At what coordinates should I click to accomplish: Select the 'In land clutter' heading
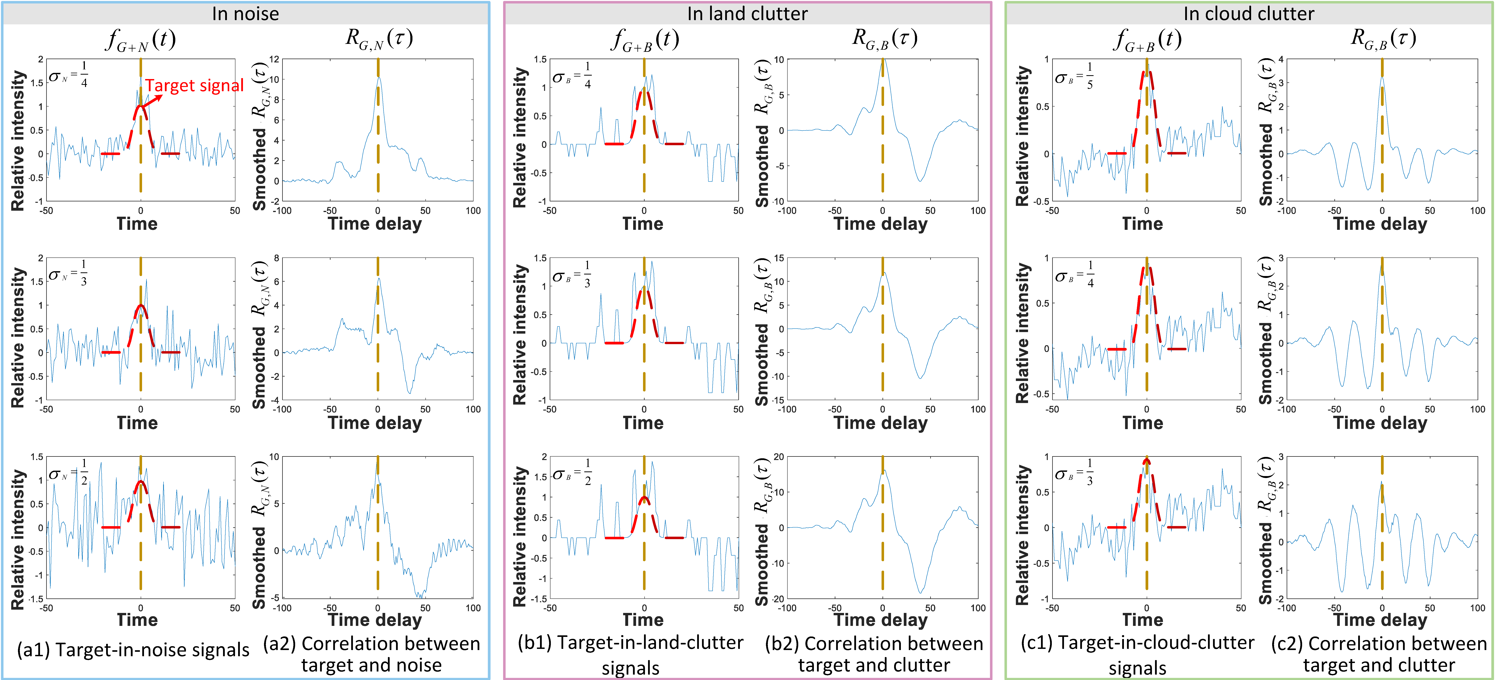747,13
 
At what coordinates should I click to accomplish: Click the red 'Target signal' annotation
194,86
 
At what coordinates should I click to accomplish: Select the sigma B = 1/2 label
572,472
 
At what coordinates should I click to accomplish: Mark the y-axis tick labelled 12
274,59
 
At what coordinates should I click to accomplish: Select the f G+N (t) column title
140,39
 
